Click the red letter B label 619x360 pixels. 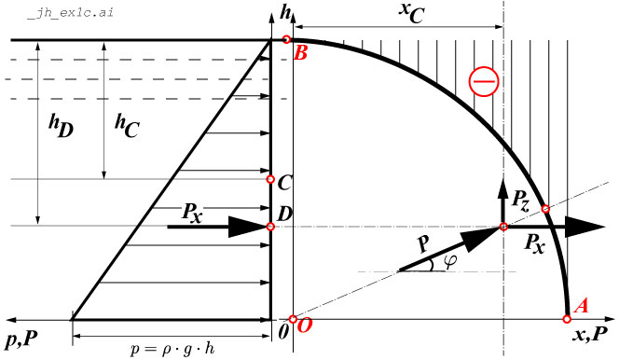click(300, 54)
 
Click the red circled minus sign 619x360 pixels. click(484, 83)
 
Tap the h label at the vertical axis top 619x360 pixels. click(297, 13)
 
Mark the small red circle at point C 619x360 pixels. click(270, 179)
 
